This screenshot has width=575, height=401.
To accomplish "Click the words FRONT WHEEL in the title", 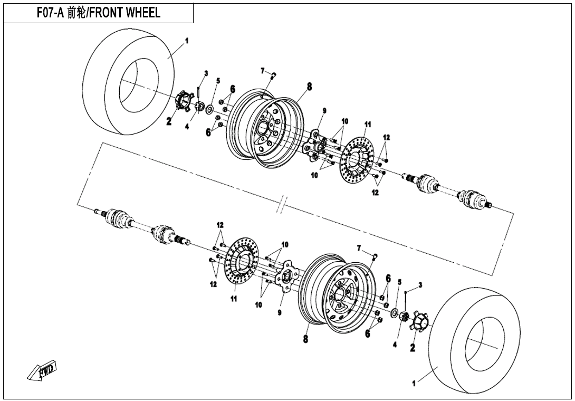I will click(x=127, y=13).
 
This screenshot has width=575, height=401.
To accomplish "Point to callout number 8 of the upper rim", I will click(x=309, y=87).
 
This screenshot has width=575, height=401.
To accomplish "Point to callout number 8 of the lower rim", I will click(x=305, y=339).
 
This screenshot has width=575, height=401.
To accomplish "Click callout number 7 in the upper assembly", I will click(x=262, y=71).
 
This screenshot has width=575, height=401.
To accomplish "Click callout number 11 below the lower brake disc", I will click(x=233, y=299).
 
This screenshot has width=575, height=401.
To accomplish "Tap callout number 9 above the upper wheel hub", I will click(x=324, y=111).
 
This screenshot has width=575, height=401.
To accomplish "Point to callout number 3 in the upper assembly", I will click(x=206, y=73).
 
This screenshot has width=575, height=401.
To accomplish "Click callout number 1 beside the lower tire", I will click(x=414, y=384).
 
